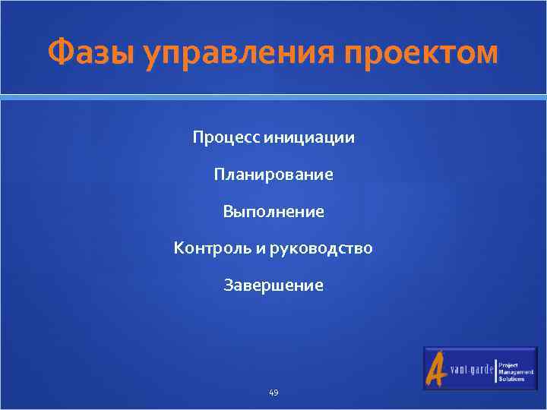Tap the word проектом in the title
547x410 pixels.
coord(422,55)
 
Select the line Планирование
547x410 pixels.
coord(273,175)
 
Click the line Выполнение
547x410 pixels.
coord(273,212)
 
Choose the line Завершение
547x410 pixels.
coord(273,285)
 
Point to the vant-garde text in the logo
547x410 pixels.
coord(471,371)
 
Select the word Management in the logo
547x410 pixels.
coord(516,371)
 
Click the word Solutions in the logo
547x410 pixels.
coord(511,378)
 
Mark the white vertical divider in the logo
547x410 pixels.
coord(495,370)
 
